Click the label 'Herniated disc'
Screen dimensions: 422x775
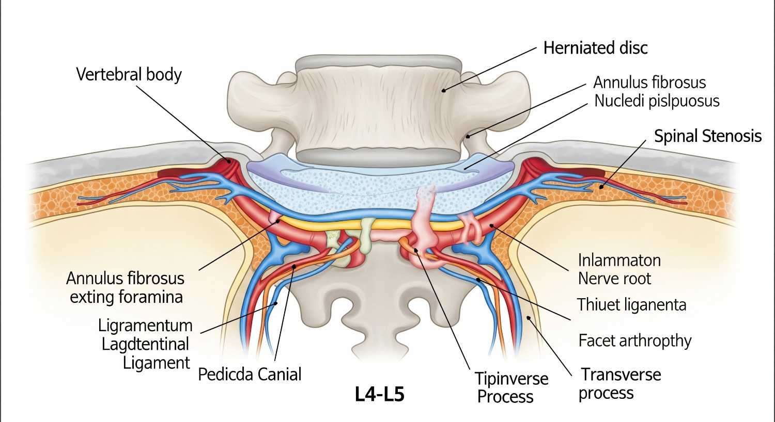point(595,48)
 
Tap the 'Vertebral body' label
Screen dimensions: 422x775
point(129,74)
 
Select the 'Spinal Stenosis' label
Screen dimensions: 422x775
point(707,136)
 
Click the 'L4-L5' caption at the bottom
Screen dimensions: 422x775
point(380,394)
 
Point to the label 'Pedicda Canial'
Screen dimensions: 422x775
point(250,374)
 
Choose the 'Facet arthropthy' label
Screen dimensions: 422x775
point(634,340)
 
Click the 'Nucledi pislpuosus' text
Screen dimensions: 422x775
point(657,101)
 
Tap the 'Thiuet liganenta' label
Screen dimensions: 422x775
point(631,304)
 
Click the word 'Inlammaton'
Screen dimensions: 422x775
point(619,260)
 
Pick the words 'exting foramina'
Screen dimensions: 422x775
point(126,297)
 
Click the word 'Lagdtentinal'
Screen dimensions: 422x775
point(145,344)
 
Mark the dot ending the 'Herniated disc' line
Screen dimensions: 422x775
point(443,90)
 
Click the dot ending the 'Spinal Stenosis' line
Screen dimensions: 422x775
point(601,187)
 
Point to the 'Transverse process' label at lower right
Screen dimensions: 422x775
point(619,383)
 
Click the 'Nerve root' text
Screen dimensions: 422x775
point(614,279)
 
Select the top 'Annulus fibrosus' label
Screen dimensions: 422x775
point(649,82)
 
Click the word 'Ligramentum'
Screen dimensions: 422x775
point(145,326)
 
